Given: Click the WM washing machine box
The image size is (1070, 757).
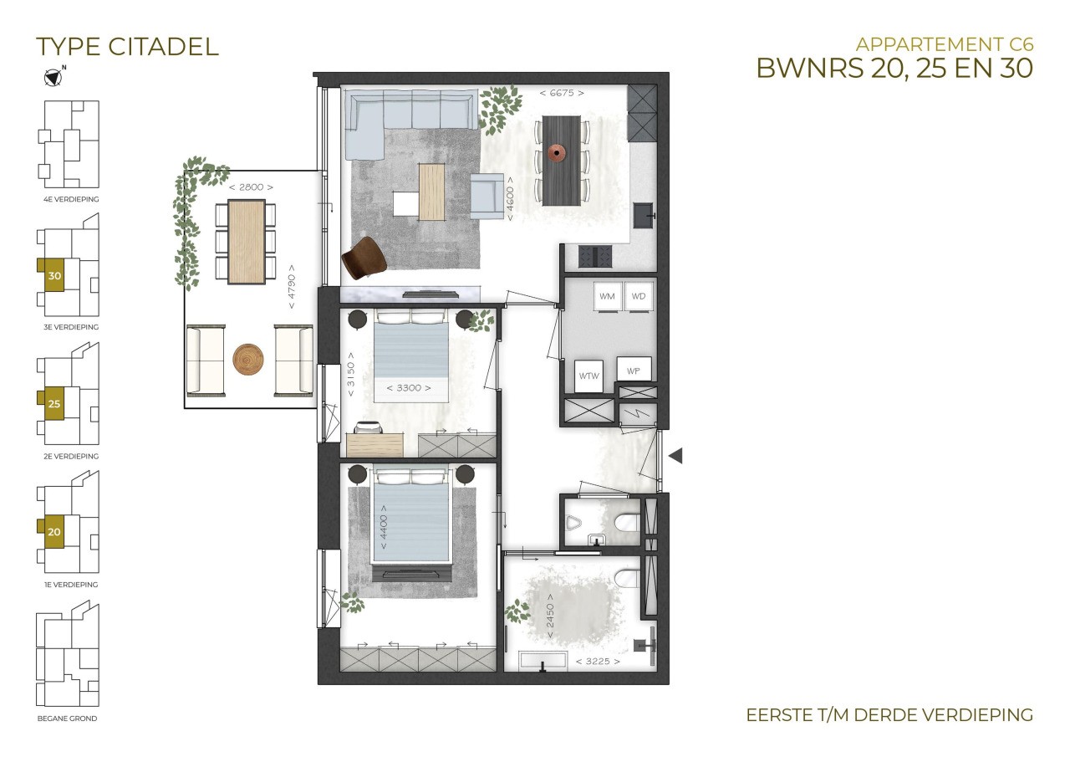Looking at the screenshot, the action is pyautogui.click(x=608, y=297).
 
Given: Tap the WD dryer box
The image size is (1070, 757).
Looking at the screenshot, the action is pyautogui.click(x=639, y=297).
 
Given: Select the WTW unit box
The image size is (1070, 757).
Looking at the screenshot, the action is pyautogui.click(x=588, y=376).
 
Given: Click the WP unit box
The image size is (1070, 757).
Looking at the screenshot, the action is pyautogui.click(x=634, y=370).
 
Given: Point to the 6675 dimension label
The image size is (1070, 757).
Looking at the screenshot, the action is pyautogui.click(x=562, y=93).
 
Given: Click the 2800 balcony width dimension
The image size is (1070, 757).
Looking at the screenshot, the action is pyautogui.click(x=251, y=187).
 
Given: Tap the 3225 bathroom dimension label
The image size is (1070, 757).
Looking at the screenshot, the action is pyautogui.click(x=598, y=662).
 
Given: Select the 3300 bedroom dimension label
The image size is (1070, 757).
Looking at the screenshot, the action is pyautogui.click(x=409, y=388).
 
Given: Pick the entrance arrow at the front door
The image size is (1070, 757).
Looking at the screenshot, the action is pyautogui.click(x=675, y=456).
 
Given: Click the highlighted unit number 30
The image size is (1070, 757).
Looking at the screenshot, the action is pyautogui.click(x=54, y=276).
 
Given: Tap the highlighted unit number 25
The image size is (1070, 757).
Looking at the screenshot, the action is pyautogui.click(x=54, y=404).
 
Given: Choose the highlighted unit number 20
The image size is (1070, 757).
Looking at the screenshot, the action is pyautogui.click(x=54, y=532).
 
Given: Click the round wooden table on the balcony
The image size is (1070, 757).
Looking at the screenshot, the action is pyautogui.click(x=248, y=360).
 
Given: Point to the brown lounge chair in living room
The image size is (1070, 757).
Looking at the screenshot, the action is pyautogui.click(x=364, y=258).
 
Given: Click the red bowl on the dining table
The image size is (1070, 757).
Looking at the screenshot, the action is pyautogui.click(x=557, y=153).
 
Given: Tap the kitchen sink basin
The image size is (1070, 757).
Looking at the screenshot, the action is pyautogui.click(x=644, y=215).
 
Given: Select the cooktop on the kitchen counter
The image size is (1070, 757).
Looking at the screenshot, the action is pyautogui.click(x=595, y=256).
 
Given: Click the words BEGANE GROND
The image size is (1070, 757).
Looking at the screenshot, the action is pyautogui.click(x=68, y=719).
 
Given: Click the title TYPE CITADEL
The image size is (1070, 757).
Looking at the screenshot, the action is pyautogui.click(x=128, y=47).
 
